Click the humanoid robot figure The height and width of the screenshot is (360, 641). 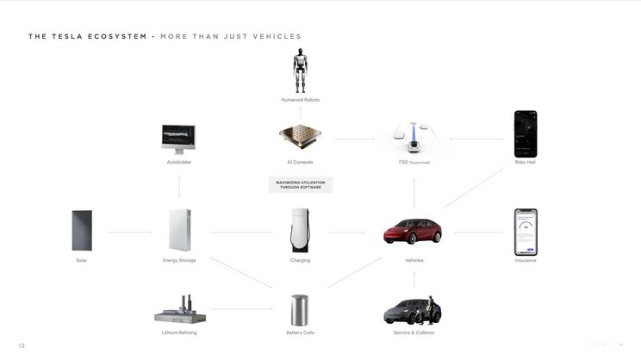click(x=300, y=71)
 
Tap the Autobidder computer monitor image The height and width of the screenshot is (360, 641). click(x=178, y=138)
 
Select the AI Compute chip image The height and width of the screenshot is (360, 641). click(x=300, y=138)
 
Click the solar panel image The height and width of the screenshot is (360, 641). click(x=82, y=231)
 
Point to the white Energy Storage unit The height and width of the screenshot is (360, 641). click(x=179, y=231)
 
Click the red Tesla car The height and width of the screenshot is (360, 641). click(x=413, y=232)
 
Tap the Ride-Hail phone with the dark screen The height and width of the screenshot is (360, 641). click(x=526, y=133)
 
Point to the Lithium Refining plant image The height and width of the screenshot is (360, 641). click(x=179, y=309)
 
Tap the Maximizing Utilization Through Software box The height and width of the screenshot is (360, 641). click(x=300, y=184)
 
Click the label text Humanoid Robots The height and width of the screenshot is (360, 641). click(x=300, y=100)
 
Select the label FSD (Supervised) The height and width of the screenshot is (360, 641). click(x=414, y=162)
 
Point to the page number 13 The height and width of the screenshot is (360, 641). click(x=22, y=345)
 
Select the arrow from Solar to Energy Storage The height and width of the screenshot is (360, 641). click(x=129, y=232)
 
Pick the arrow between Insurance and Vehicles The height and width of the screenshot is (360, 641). click(x=479, y=232)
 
